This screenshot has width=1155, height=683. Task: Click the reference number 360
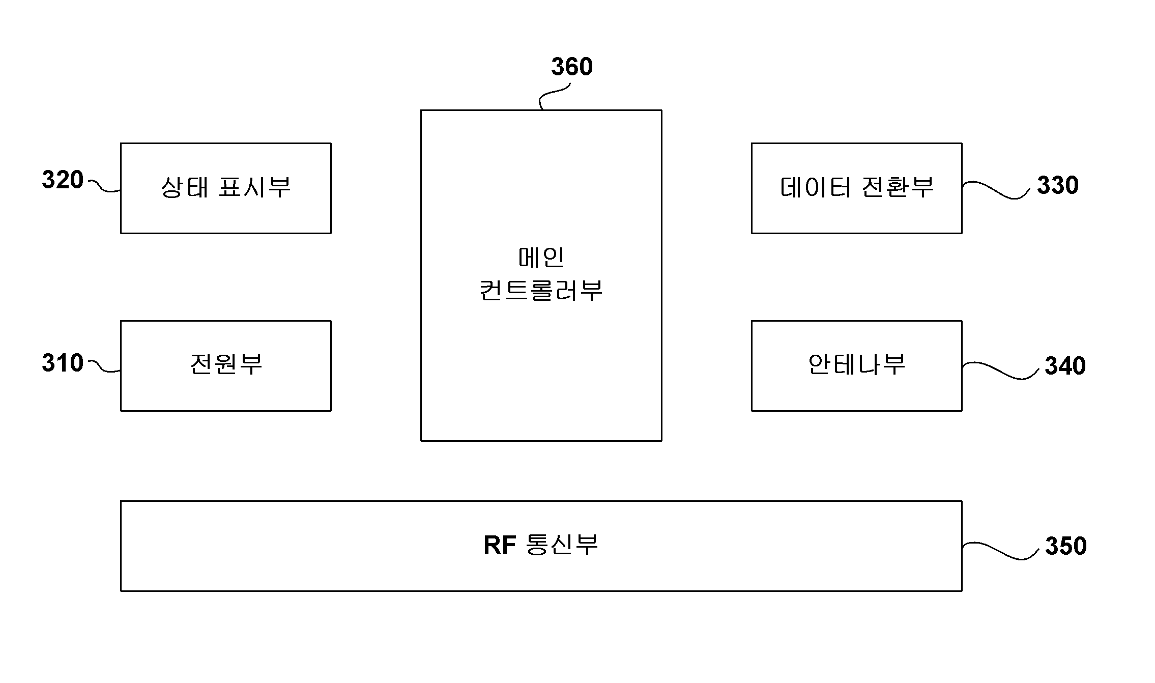click(x=572, y=67)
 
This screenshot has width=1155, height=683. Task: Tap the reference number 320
click(x=63, y=180)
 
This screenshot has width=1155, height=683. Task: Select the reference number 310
click(x=63, y=363)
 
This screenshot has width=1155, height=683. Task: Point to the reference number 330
click(x=1058, y=185)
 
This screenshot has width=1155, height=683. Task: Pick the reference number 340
click(x=1065, y=366)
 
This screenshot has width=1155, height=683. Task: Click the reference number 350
click(x=1066, y=546)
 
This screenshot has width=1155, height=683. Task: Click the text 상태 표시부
click(x=226, y=187)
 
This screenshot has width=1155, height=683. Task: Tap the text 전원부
click(x=226, y=364)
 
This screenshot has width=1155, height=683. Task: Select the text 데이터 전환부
click(x=857, y=187)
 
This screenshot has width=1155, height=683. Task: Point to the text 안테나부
click(x=857, y=364)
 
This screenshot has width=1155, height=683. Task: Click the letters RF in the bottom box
click(x=500, y=546)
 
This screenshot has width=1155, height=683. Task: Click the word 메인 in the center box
click(x=541, y=257)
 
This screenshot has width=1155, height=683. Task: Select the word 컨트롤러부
click(x=541, y=291)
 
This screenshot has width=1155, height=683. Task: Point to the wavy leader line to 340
click(x=1000, y=371)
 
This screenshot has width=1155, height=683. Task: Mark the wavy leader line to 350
click(x=1000, y=551)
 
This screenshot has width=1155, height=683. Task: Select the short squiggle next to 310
click(x=104, y=366)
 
